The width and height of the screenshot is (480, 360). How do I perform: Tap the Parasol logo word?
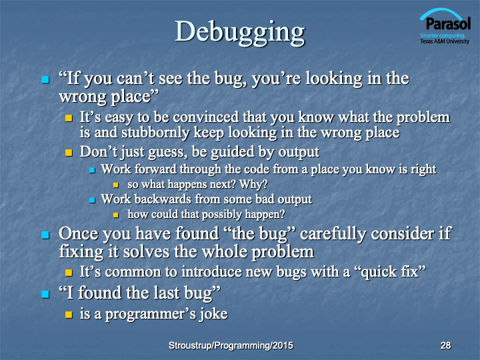point(448,23)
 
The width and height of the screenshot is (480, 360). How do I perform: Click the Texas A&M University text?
point(445,41)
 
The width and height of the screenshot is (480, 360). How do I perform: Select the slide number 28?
point(446,345)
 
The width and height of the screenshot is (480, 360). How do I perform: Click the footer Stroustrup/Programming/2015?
point(231,345)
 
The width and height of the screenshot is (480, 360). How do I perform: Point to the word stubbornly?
point(155,133)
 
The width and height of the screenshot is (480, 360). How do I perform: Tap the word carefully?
point(333,234)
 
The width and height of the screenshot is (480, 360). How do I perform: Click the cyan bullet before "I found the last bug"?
point(45,294)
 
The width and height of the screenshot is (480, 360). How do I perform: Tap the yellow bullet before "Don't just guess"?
point(69,153)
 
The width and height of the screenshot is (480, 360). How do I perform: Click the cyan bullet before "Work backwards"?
point(92,200)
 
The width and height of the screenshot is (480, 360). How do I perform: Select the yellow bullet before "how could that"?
point(116,215)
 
